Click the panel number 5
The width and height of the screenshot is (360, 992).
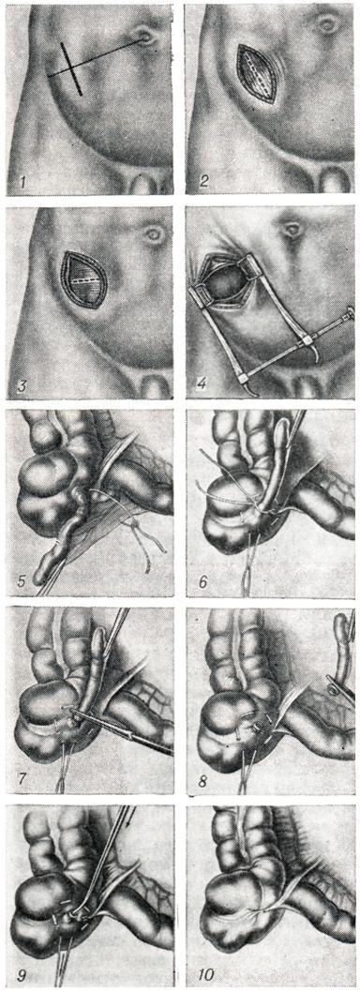pyautogui.click(x=22, y=579)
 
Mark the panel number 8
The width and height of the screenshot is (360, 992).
pyautogui.click(x=203, y=777)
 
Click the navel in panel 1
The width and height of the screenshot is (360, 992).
pyautogui.click(x=149, y=38)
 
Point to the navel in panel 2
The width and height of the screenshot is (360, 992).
pyautogui.click(x=328, y=25)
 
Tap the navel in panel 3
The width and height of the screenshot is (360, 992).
pyautogui.click(x=154, y=235)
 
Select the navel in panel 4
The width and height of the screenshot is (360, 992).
pyautogui.click(x=292, y=229)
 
